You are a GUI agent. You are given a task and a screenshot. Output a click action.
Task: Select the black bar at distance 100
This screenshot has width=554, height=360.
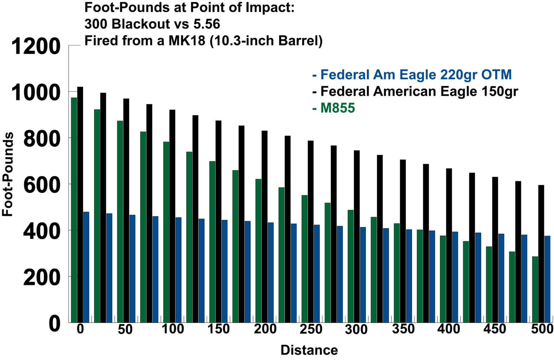(172, 216)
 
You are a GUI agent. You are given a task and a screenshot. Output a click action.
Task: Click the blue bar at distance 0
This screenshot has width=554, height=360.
(86, 267)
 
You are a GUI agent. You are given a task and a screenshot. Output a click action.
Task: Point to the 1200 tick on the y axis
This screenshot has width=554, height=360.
(36, 46)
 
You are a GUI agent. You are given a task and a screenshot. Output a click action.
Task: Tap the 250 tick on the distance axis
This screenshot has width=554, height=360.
(311, 329)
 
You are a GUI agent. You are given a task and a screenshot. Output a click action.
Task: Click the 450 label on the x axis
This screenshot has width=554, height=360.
(495, 329)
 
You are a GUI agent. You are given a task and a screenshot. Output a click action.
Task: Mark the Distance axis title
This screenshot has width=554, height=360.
(309, 350)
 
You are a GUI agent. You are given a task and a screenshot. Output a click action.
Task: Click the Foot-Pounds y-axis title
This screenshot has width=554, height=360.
(8, 174)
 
